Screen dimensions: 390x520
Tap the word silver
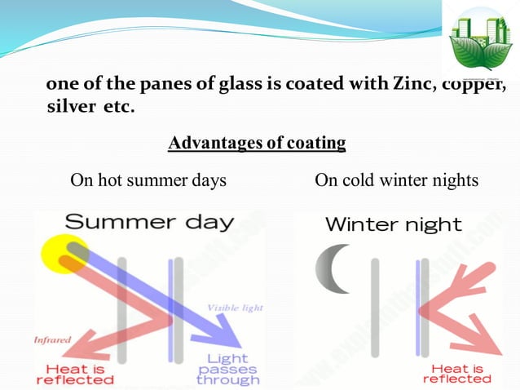[69, 108]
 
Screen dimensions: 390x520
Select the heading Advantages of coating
[257, 144]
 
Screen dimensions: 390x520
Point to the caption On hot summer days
[148, 180]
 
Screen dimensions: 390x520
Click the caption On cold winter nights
[396, 180]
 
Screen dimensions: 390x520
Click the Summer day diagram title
[149, 222]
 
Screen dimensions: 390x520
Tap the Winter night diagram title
[393, 224]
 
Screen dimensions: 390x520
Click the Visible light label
[236, 308]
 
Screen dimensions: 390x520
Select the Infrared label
[53, 339]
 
